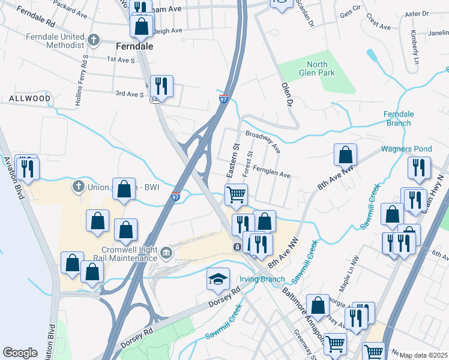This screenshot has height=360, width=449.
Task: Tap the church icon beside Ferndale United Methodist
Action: [93, 40]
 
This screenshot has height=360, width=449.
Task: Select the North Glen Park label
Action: [317, 68]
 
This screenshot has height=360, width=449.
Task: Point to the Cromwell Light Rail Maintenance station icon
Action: [166, 254]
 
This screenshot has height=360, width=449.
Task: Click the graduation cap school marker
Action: [218, 278]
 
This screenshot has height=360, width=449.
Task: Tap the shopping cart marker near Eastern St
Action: [237, 194]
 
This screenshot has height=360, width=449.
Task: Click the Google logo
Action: [20, 353]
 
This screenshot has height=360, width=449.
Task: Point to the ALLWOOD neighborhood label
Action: [30, 98]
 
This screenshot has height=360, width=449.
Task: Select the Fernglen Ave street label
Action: [271, 172]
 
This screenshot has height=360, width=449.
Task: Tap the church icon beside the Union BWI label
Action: [78, 187]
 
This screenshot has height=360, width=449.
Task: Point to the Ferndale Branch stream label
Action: [398, 119]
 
